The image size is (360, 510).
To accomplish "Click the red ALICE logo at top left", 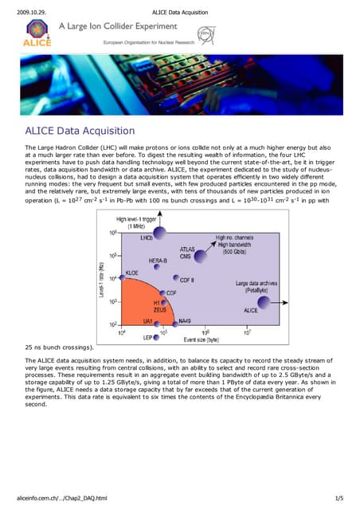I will coord(34,34).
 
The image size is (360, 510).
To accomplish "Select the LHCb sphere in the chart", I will coord(159,210).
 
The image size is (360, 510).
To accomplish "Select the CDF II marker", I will coord(177,278).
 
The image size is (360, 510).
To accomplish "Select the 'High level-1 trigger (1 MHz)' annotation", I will coord(135,200).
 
